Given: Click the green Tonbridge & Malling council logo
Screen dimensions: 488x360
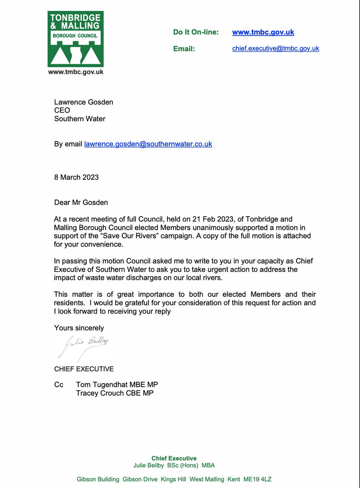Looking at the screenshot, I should click(76, 39).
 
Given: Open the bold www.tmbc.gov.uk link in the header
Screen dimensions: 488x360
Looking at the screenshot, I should click(263, 32).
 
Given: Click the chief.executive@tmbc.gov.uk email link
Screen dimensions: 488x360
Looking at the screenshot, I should click(275, 48).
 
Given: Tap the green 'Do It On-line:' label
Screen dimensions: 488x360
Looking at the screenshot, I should click(196, 32).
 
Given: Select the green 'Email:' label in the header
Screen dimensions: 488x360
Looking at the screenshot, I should click(184, 49).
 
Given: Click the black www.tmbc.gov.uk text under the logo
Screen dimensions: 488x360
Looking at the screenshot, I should click(76, 72).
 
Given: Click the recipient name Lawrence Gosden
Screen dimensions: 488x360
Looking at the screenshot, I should click(83, 102).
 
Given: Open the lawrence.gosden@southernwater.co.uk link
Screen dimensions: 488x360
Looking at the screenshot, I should click(148, 144).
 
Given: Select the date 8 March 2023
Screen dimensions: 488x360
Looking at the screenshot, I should click(76, 177).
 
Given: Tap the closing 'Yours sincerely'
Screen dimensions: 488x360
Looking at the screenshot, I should click(79, 328).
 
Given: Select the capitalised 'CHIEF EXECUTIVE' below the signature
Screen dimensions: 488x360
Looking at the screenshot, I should click(84, 369).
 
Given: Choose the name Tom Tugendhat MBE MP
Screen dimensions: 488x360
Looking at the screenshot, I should click(117, 385).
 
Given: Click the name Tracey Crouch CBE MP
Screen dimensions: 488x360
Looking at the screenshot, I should click(115, 393).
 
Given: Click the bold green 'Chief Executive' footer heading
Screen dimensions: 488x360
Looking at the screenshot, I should click(174, 458).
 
